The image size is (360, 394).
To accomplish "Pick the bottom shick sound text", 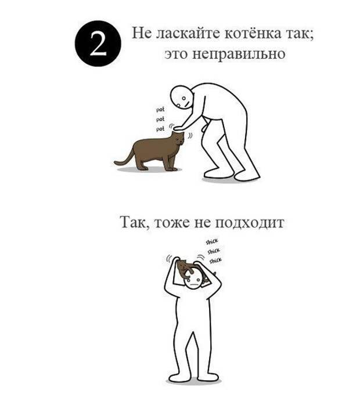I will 215,261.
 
